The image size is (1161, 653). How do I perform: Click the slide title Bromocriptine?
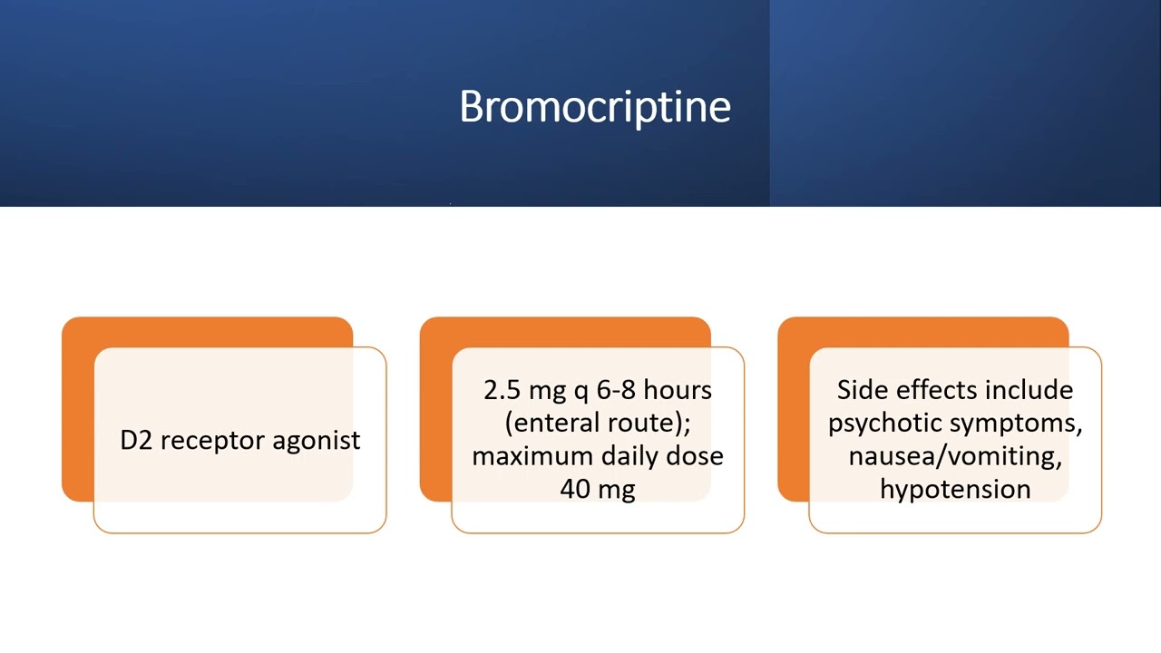click(594, 107)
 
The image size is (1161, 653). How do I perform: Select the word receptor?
click(211, 441)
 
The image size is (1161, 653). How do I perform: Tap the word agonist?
click(316, 441)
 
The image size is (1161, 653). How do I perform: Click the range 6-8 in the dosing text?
click(616, 390)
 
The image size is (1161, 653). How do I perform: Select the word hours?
click(678, 390)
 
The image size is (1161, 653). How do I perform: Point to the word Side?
click(863, 390)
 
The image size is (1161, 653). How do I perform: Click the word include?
click(1029, 390)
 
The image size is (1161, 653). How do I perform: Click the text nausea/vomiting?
click(955, 455)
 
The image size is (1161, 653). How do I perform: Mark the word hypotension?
click(955, 489)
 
